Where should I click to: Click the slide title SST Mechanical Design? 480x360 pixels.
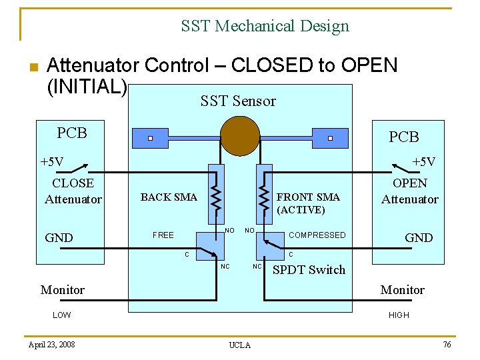[x=265, y=27]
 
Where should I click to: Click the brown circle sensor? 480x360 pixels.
[x=240, y=135]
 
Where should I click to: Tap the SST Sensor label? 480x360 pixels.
[x=238, y=101]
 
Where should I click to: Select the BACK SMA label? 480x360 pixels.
[x=169, y=197]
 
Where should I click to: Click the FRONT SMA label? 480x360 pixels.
[x=308, y=197]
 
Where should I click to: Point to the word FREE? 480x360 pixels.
[x=163, y=235]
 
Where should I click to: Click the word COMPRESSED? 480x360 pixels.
[x=317, y=235]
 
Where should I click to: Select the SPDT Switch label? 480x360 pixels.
[x=309, y=270]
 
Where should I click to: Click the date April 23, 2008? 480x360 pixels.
[x=52, y=344]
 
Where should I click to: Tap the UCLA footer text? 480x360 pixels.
[x=240, y=345]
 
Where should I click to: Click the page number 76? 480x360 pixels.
[x=446, y=343]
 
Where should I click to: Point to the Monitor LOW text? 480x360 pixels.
[x=61, y=315]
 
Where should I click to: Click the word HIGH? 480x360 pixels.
[x=399, y=315]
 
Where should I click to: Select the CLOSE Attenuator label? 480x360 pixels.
[x=73, y=191]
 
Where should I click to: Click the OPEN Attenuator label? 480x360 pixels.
[x=410, y=191]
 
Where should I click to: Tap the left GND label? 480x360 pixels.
[x=59, y=238]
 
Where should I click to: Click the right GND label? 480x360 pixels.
[x=419, y=238]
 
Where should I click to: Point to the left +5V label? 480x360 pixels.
[x=52, y=162]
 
